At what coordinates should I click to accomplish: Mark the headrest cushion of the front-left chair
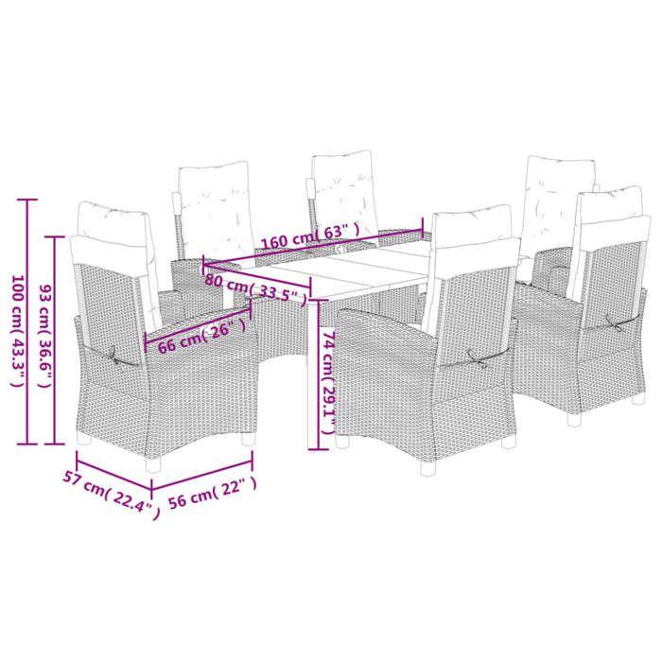pos(113,221)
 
